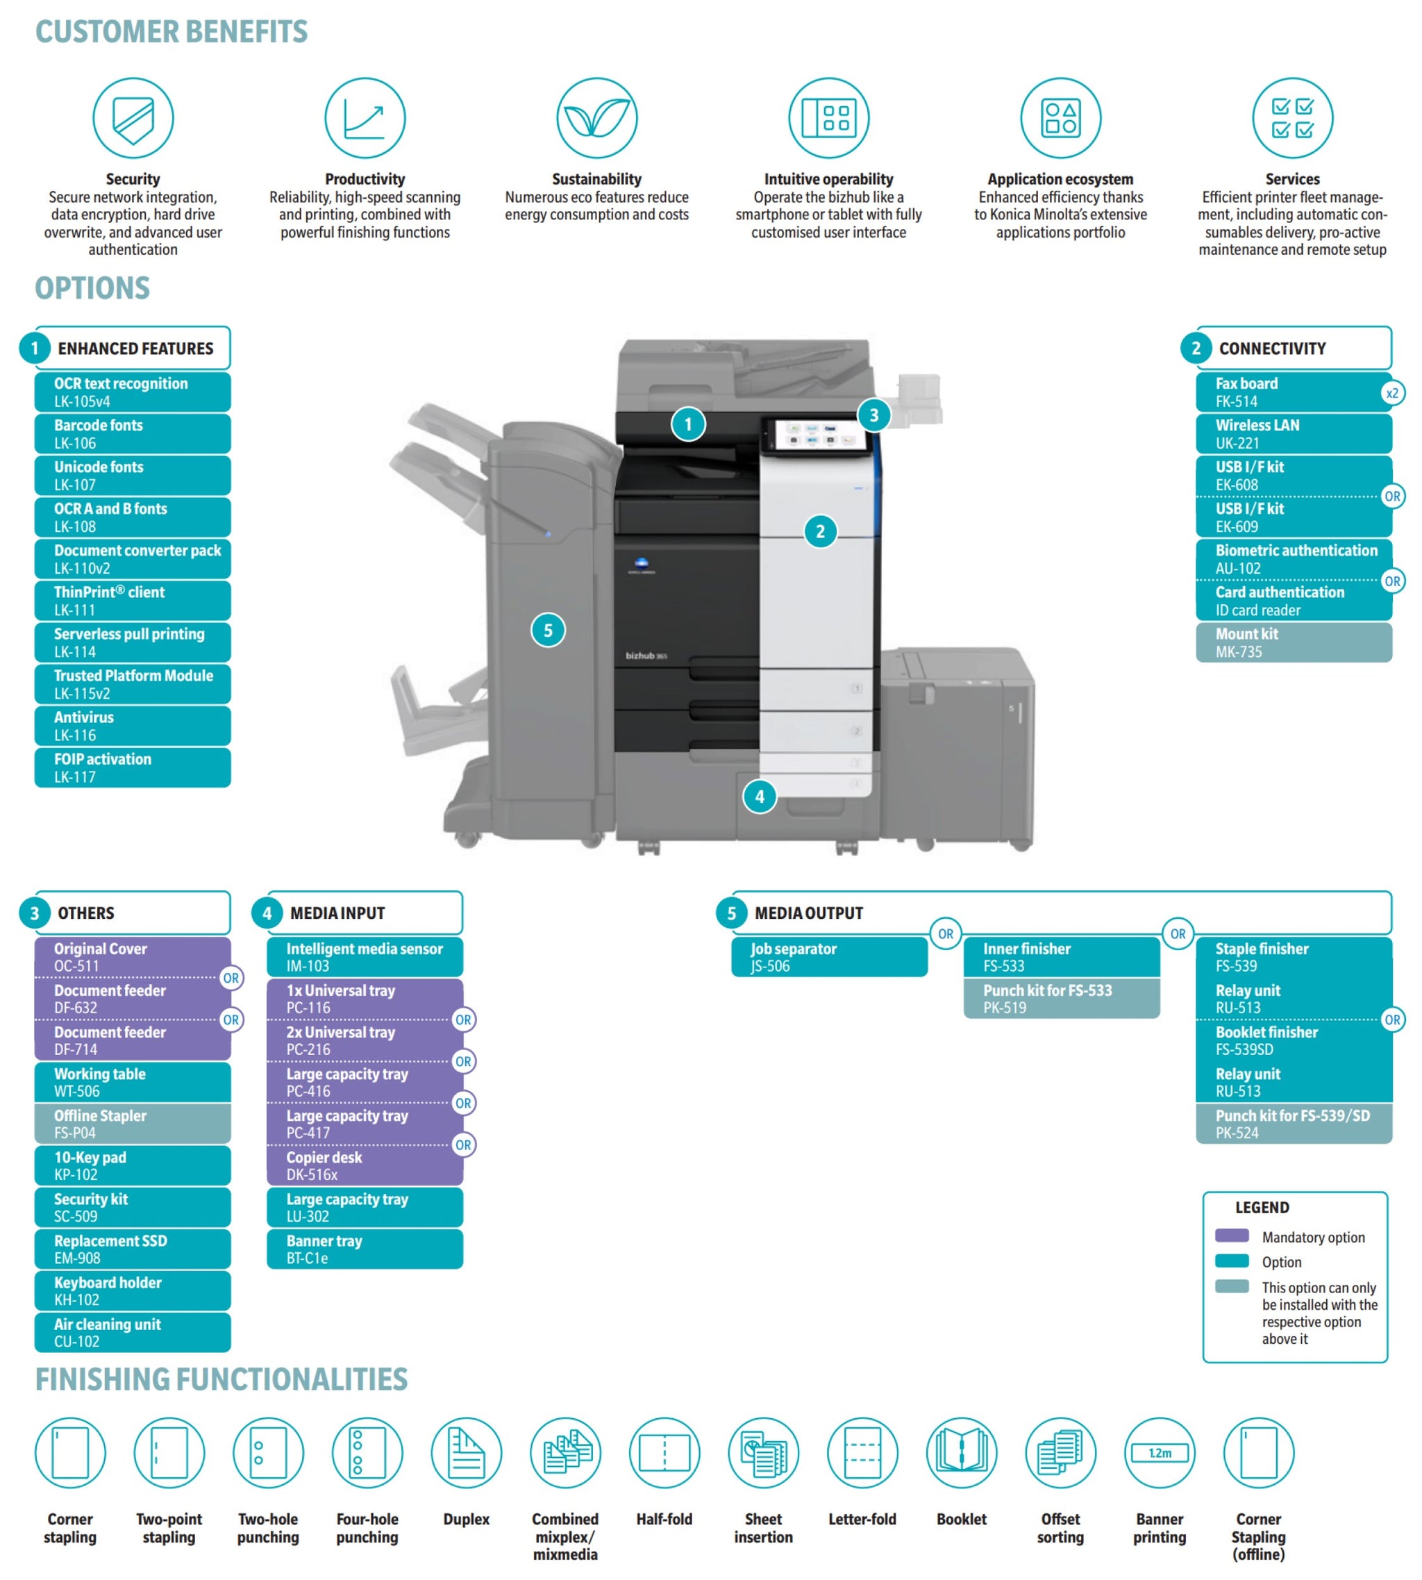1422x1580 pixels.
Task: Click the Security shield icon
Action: pos(133,118)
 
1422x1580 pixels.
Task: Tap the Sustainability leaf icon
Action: pos(597,118)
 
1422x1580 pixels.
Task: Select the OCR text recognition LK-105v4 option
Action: pos(133,392)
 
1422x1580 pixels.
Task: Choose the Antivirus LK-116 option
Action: pos(133,726)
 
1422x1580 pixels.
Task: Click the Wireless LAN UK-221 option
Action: pos(1294,433)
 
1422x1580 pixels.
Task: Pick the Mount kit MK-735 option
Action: pos(1294,642)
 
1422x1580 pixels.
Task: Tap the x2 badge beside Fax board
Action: pos(1392,393)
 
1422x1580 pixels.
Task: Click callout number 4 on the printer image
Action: pos(760,797)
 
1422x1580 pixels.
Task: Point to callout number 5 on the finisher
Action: pos(549,631)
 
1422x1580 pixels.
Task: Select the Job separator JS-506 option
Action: pos(830,957)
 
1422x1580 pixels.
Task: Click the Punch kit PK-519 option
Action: pos(1062,999)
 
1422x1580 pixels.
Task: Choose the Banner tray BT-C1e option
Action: pos(365,1249)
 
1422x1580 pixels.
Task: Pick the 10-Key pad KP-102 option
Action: pos(133,1166)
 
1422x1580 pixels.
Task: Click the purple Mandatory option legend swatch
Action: pos(1232,1236)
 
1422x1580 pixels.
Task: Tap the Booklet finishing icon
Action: pos(962,1454)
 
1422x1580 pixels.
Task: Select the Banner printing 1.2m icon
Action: pos(1160,1454)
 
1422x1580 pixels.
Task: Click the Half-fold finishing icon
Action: pos(664,1454)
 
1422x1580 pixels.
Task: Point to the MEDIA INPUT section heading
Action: pos(337,913)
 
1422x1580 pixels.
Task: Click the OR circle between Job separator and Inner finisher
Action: pos(946,934)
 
